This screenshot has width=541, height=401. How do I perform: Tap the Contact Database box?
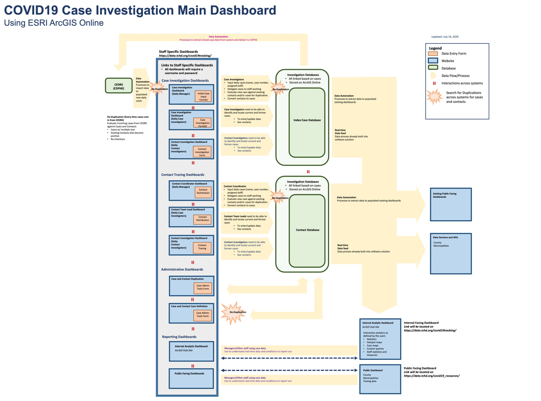click(x=307, y=230)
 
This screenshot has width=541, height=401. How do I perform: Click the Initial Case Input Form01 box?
click(x=203, y=96)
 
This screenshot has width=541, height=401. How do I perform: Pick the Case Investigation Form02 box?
click(x=202, y=122)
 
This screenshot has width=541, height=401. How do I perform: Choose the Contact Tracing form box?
click(x=202, y=247)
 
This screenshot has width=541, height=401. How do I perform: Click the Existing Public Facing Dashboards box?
click(x=451, y=204)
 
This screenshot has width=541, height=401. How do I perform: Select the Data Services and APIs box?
click(x=451, y=253)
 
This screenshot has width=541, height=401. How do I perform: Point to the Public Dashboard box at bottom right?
click(x=380, y=379)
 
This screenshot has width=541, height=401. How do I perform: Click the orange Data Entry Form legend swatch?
click(x=433, y=54)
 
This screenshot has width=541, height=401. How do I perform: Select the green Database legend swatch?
click(x=433, y=68)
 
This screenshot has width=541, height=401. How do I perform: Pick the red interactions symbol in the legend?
click(x=434, y=83)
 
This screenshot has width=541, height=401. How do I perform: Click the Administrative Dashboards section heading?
click(x=183, y=269)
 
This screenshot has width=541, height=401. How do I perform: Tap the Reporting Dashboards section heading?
click(x=179, y=336)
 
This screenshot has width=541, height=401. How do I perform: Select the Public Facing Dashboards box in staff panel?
click(x=191, y=378)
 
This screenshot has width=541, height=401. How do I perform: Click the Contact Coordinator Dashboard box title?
click(x=189, y=184)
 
